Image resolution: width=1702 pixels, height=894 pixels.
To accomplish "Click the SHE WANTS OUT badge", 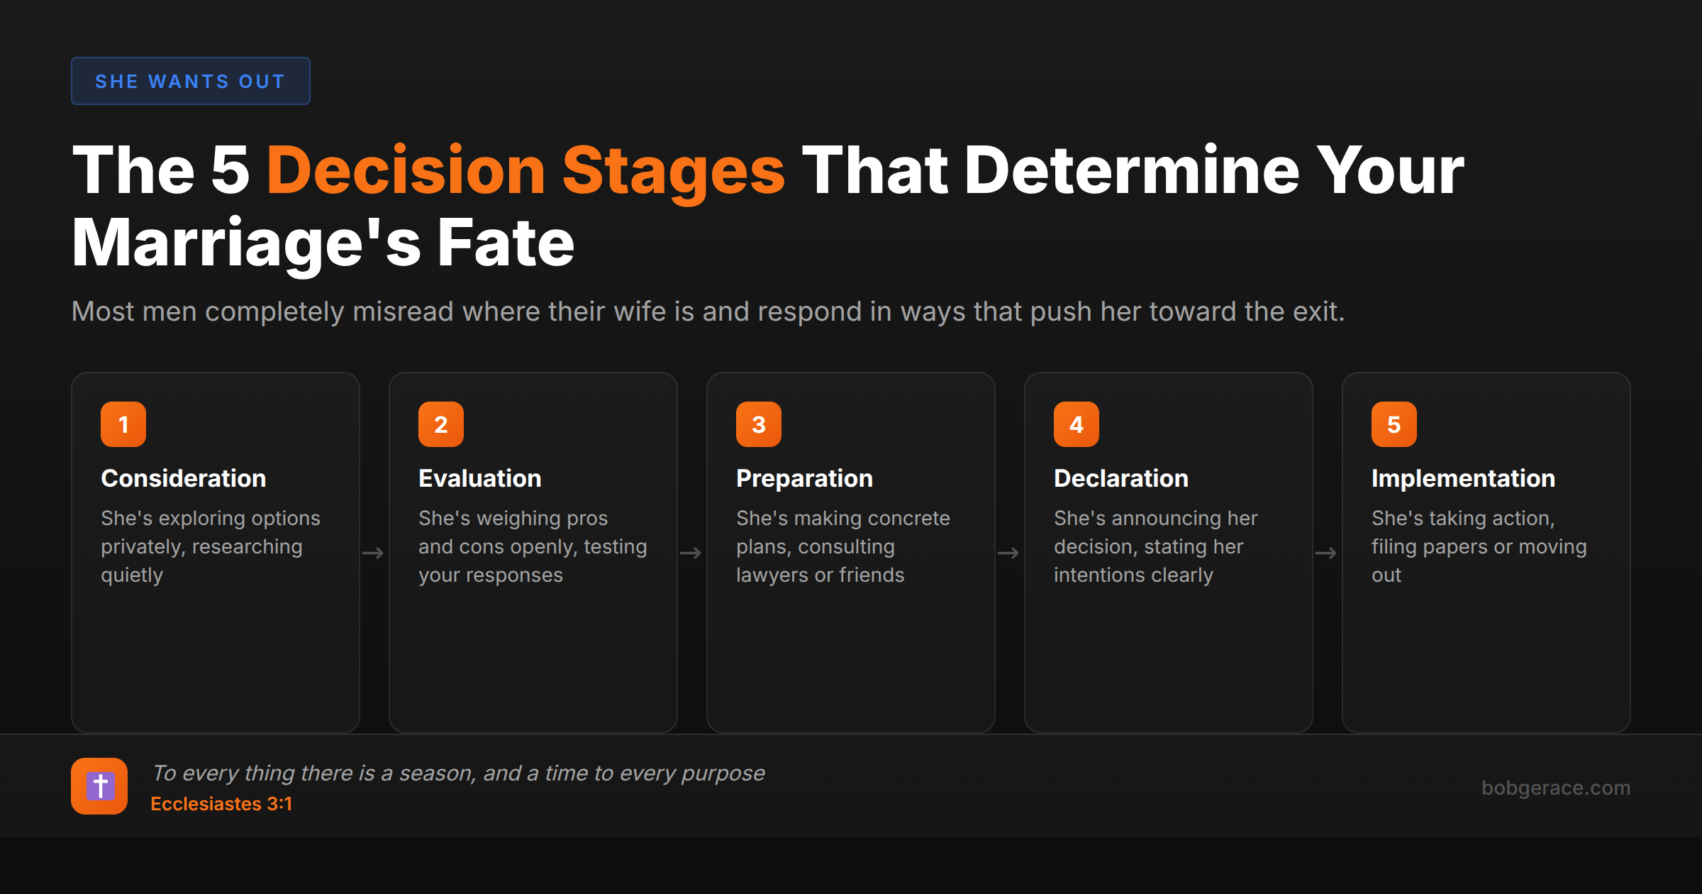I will pyautogui.click(x=190, y=81).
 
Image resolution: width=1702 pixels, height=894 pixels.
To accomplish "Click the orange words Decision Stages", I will pyautogui.click(x=525, y=170).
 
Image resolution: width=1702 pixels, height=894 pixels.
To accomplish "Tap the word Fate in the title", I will pyautogui.click(x=505, y=243).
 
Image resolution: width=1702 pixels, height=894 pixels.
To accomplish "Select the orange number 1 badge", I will pyautogui.click(x=123, y=424).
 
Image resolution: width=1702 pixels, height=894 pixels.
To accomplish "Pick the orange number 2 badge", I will pyautogui.click(x=441, y=424).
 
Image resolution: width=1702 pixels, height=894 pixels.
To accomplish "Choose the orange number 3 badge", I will pyautogui.click(x=759, y=424).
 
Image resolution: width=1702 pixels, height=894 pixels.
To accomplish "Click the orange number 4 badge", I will pyautogui.click(x=1077, y=424).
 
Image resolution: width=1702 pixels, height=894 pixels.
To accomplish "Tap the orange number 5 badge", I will pyautogui.click(x=1394, y=424).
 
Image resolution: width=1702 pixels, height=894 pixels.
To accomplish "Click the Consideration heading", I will pyautogui.click(x=184, y=478).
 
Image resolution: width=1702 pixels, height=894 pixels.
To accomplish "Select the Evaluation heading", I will pyautogui.click(x=480, y=478).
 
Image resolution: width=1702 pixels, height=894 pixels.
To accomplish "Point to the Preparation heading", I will pyautogui.click(x=804, y=478).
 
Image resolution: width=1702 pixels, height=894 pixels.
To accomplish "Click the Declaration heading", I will pyautogui.click(x=1121, y=478).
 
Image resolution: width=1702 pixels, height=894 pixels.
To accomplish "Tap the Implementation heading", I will pyautogui.click(x=1463, y=478).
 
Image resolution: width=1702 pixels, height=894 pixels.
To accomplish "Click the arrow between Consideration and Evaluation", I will pyautogui.click(x=373, y=553).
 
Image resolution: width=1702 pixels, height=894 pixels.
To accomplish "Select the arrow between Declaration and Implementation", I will pyautogui.click(x=1326, y=553).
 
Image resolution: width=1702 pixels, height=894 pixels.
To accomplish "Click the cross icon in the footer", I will pyautogui.click(x=99, y=786).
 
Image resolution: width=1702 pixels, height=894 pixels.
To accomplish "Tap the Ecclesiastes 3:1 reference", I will pyautogui.click(x=221, y=804).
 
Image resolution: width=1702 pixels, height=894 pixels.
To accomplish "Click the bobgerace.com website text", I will pyautogui.click(x=1556, y=788).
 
